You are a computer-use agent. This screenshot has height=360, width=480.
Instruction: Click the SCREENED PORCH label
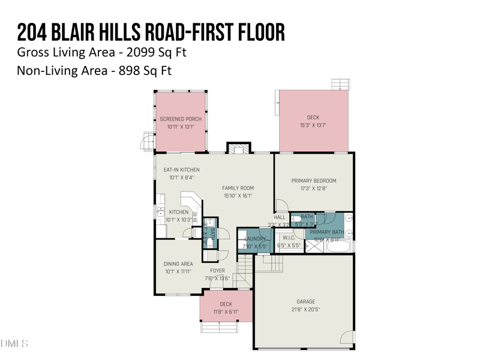click(x=181, y=119)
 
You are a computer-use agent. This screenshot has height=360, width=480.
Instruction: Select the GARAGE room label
click(x=305, y=302)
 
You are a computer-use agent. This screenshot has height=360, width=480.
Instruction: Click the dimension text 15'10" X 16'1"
click(x=238, y=196)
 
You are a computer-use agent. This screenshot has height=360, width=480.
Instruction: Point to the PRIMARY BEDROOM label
click(x=314, y=181)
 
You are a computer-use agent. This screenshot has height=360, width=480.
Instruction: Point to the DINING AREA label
click(x=178, y=263)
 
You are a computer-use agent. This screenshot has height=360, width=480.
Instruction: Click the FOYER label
click(x=217, y=271)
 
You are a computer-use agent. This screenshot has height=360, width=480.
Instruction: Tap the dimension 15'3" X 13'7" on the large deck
click(x=313, y=125)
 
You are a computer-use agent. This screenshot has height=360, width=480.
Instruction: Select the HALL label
click(x=280, y=217)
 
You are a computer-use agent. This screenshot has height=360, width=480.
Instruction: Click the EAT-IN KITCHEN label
click(x=182, y=170)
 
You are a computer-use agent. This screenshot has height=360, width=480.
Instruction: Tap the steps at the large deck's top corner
click(x=340, y=84)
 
